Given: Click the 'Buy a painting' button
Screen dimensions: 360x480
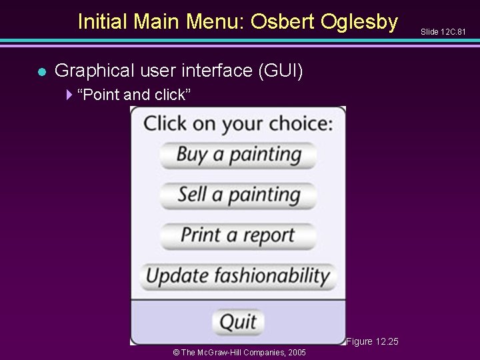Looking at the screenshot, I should (x=237, y=155).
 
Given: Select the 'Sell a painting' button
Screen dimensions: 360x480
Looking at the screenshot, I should (x=237, y=195).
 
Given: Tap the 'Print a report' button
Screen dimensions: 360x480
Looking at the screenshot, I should (x=237, y=236).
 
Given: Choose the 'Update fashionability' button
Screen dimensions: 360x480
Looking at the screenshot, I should (x=238, y=276).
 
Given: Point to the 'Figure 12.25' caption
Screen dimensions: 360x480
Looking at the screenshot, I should (x=372, y=341).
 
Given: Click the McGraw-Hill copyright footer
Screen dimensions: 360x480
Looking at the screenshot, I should (x=239, y=352).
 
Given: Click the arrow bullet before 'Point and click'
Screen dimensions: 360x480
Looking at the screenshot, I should (x=70, y=95).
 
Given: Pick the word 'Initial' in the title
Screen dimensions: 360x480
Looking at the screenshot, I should (x=103, y=22).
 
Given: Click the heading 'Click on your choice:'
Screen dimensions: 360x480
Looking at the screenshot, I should (x=238, y=123).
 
